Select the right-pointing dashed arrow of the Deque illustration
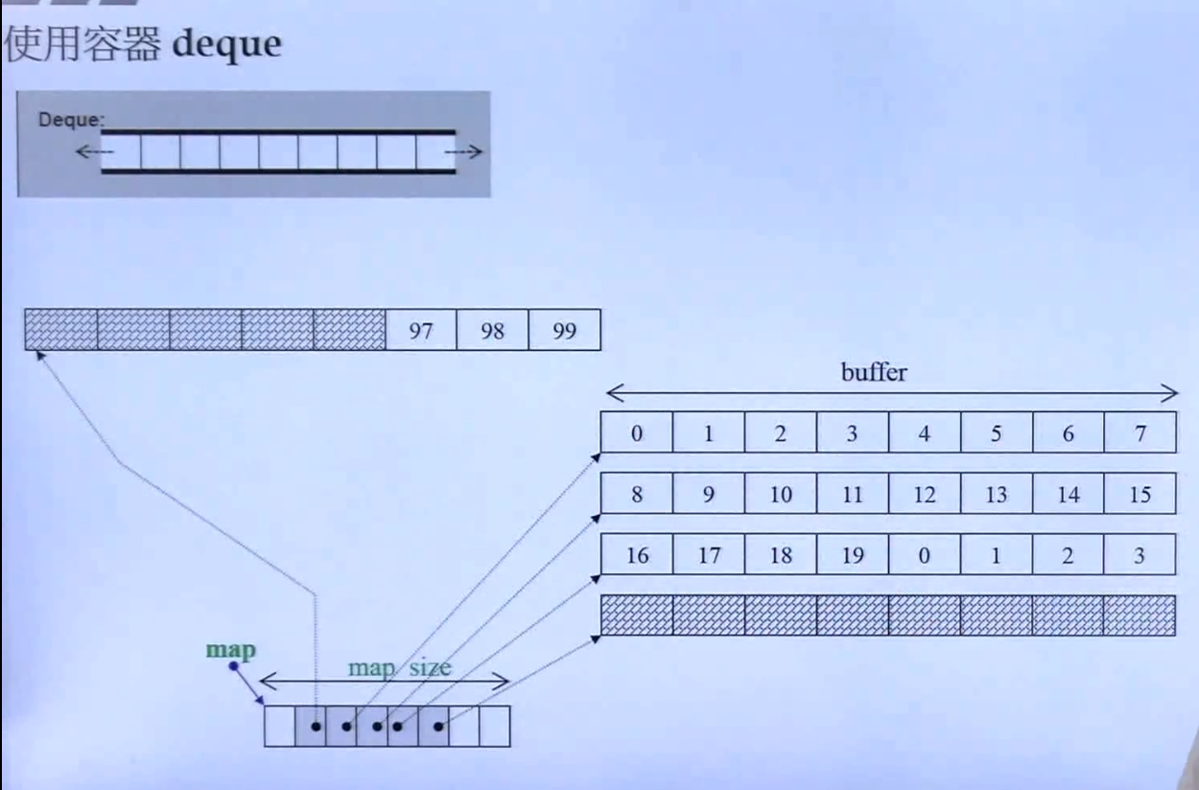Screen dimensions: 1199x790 coord(470,151)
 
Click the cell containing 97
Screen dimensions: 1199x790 coord(421,330)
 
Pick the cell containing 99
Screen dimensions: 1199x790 coord(565,330)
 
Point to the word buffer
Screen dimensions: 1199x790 coord(874,372)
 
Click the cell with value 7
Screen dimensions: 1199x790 coord(1140,433)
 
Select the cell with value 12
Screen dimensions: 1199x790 coord(925,495)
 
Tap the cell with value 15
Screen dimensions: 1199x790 coord(1140,495)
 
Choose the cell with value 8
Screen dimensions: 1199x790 coord(637,495)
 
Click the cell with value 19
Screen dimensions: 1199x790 coord(853,555)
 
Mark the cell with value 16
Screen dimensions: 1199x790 coord(637,555)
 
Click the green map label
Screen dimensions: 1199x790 coord(231,650)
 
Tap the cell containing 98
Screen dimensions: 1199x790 coord(493,330)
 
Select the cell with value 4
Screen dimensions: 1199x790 coord(925,433)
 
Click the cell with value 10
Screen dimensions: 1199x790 coord(781,495)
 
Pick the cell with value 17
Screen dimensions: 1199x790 coord(709,555)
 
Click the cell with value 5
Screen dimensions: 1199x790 coord(996,433)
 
